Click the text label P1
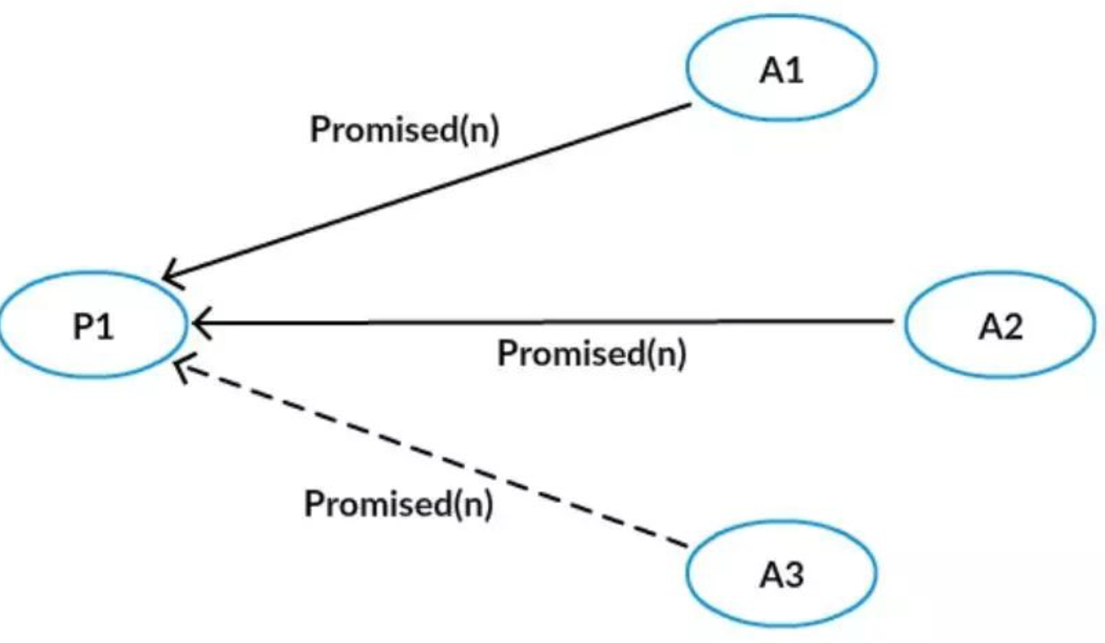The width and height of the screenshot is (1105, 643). tap(93, 326)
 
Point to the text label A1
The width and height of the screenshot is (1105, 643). tap(781, 70)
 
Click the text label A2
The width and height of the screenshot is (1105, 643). tap(1000, 326)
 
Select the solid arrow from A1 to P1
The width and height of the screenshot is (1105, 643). tap(427, 191)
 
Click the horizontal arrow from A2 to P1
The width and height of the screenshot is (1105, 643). tap(540, 322)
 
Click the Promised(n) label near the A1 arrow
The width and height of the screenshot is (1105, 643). tap(405, 129)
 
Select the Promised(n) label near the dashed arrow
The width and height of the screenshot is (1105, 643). tap(399, 504)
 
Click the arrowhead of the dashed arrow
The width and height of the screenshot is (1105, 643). tap(181, 366)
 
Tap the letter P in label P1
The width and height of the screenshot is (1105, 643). tap(83, 326)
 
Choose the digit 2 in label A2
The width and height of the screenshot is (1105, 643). tap(1012, 326)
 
